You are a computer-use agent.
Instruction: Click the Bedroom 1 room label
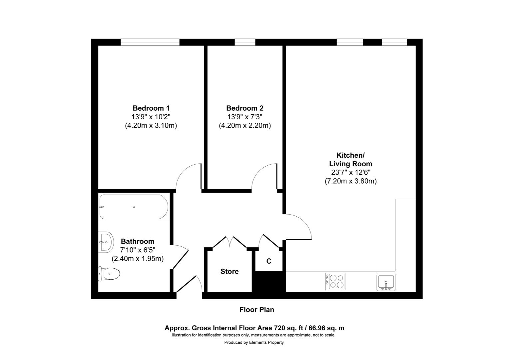click(x=151, y=108)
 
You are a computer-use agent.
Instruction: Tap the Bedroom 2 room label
click(x=245, y=108)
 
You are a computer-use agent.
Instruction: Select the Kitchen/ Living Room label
click(x=350, y=160)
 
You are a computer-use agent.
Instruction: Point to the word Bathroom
click(x=137, y=241)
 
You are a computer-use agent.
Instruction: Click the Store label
click(x=230, y=271)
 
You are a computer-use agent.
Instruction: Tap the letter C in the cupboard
click(x=268, y=261)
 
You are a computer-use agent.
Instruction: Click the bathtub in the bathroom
click(x=133, y=207)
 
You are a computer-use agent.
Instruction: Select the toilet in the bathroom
click(x=109, y=274)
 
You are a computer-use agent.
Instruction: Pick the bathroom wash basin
click(x=106, y=242)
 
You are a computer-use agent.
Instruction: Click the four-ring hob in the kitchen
click(x=335, y=281)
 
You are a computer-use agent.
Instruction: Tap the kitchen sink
click(x=386, y=282)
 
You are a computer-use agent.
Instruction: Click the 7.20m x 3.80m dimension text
click(x=350, y=181)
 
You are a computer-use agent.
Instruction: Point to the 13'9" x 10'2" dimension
click(x=151, y=117)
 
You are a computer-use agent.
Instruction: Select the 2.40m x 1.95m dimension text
click(x=137, y=259)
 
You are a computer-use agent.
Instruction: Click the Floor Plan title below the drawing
click(x=257, y=310)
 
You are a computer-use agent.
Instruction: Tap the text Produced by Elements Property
click(x=254, y=342)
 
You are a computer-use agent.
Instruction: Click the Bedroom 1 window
click(x=150, y=42)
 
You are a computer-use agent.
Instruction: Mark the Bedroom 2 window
click(x=245, y=42)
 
